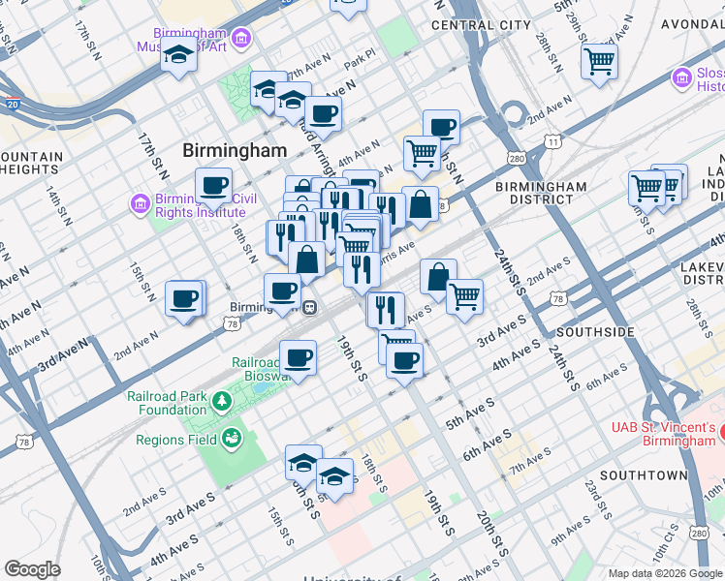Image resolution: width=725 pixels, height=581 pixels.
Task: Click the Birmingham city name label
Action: (x=236, y=150)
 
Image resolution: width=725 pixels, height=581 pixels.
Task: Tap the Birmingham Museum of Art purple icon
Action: (x=241, y=38)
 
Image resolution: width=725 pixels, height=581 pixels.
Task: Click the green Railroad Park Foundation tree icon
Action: (x=222, y=400)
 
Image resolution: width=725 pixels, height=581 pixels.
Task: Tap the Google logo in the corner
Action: (x=32, y=569)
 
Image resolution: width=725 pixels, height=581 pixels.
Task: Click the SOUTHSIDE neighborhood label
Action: (x=597, y=332)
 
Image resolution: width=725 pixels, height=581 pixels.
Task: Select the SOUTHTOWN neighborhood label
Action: (x=644, y=475)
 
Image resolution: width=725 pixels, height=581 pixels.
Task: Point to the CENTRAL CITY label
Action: (x=481, y=24)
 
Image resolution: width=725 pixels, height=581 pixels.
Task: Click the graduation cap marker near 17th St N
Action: (x=178, y=58)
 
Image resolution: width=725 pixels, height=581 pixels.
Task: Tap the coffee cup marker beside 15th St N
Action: (x=183, y=298)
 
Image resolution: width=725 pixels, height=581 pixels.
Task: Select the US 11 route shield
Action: (x=552, y=141)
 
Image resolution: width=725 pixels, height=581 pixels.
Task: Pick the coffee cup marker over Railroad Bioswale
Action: (x=299, y=357)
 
